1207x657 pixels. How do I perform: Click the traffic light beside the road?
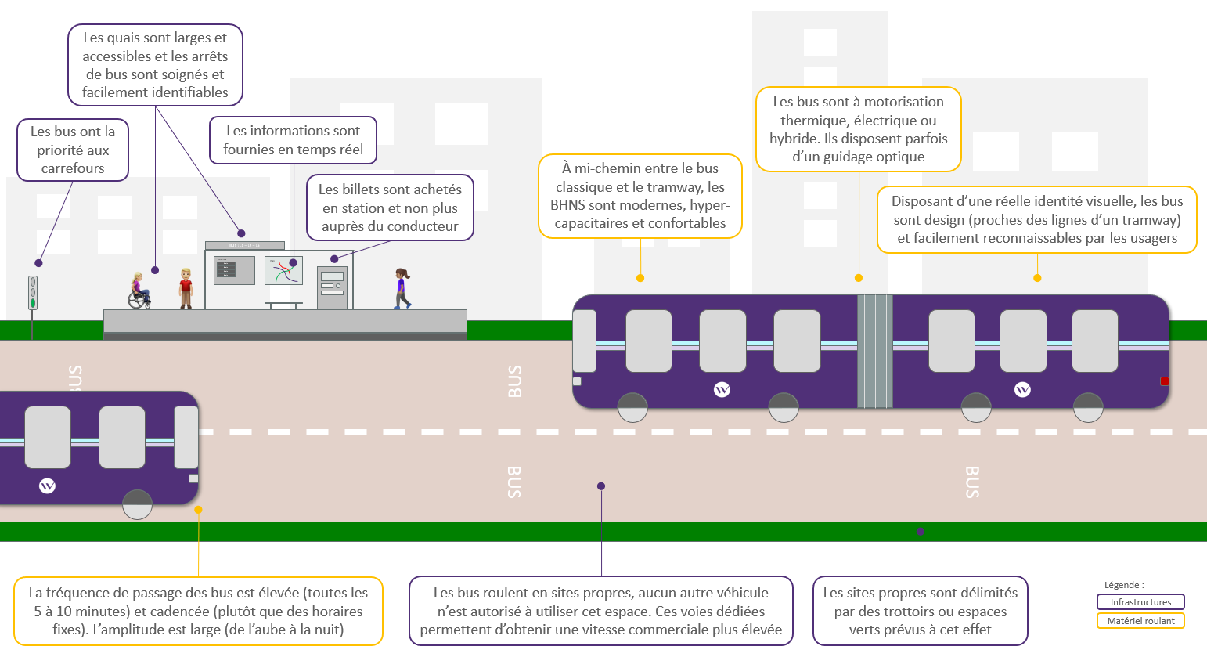pyautogui.click(x=33, y=293)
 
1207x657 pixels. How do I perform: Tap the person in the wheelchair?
pyautogui.click(x=139, y=291)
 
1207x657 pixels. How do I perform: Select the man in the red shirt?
pyautogui.click(x=186, y=288)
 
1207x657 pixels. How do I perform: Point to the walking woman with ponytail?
pyautogui.click(x=402, y=288)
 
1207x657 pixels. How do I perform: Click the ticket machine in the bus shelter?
pyautogui.click(x=332, y=287)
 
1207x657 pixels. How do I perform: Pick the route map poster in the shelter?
pyautogui.click(x=283, y=270)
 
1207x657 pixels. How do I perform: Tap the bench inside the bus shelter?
pyautogui.click(x=283, y=305)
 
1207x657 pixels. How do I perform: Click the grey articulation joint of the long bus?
pyautogui.click(x=874, y=351)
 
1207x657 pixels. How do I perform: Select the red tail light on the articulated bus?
pyautogui.click(x=1165, y=381)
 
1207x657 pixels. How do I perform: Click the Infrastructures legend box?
pyautogui.click(x=1140, y=601)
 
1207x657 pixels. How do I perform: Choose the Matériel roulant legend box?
pyautogui.click(x=1140, y=621)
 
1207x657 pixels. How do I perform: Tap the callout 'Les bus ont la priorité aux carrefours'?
pyautogui.click(x=73, y=150)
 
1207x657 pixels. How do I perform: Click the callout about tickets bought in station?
pyautogui.click(x=390, y=208)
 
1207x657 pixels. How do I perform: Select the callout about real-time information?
pyautogui.click(x=293, y=140)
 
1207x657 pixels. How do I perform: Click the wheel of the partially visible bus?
pyautogui.click(x=138, y=504)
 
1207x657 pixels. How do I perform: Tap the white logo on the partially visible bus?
pyautogui.click(x=48, y=486)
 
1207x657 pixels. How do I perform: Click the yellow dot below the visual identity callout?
pyautogui.click(x=1037, y=278)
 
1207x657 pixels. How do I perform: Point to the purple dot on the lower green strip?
pyautogui.click(x=921, y=532)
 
